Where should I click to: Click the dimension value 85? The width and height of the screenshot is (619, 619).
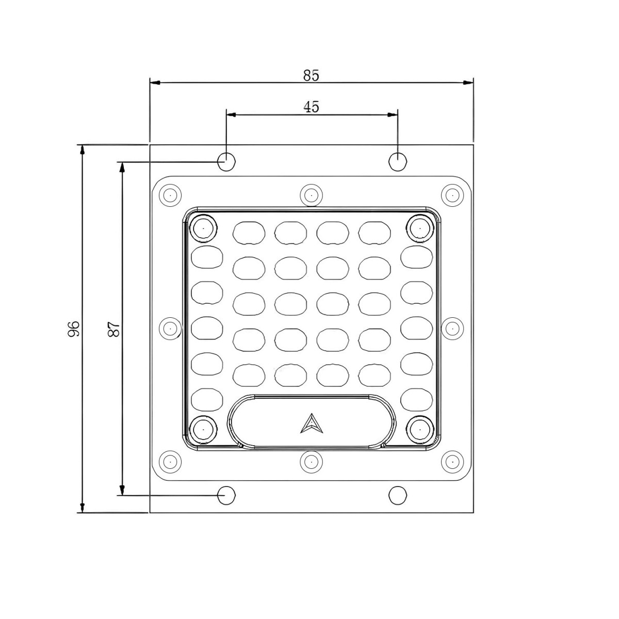(x=311, y=75)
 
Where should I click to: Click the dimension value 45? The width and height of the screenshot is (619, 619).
(x=311, y=107)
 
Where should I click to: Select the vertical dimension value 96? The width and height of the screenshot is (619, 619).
(x=74, y=329)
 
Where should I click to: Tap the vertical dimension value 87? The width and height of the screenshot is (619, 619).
(x=114, y=329)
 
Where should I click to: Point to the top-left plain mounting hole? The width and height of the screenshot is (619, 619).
(x=226, y=161)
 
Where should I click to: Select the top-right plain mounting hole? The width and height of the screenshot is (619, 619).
(x=398, y=161)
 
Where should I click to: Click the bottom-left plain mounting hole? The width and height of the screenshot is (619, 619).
(x=226, y=495)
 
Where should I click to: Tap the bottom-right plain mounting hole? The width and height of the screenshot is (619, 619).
(x=398, y=495)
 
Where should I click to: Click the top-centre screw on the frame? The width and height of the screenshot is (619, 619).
(x=311, y=195)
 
